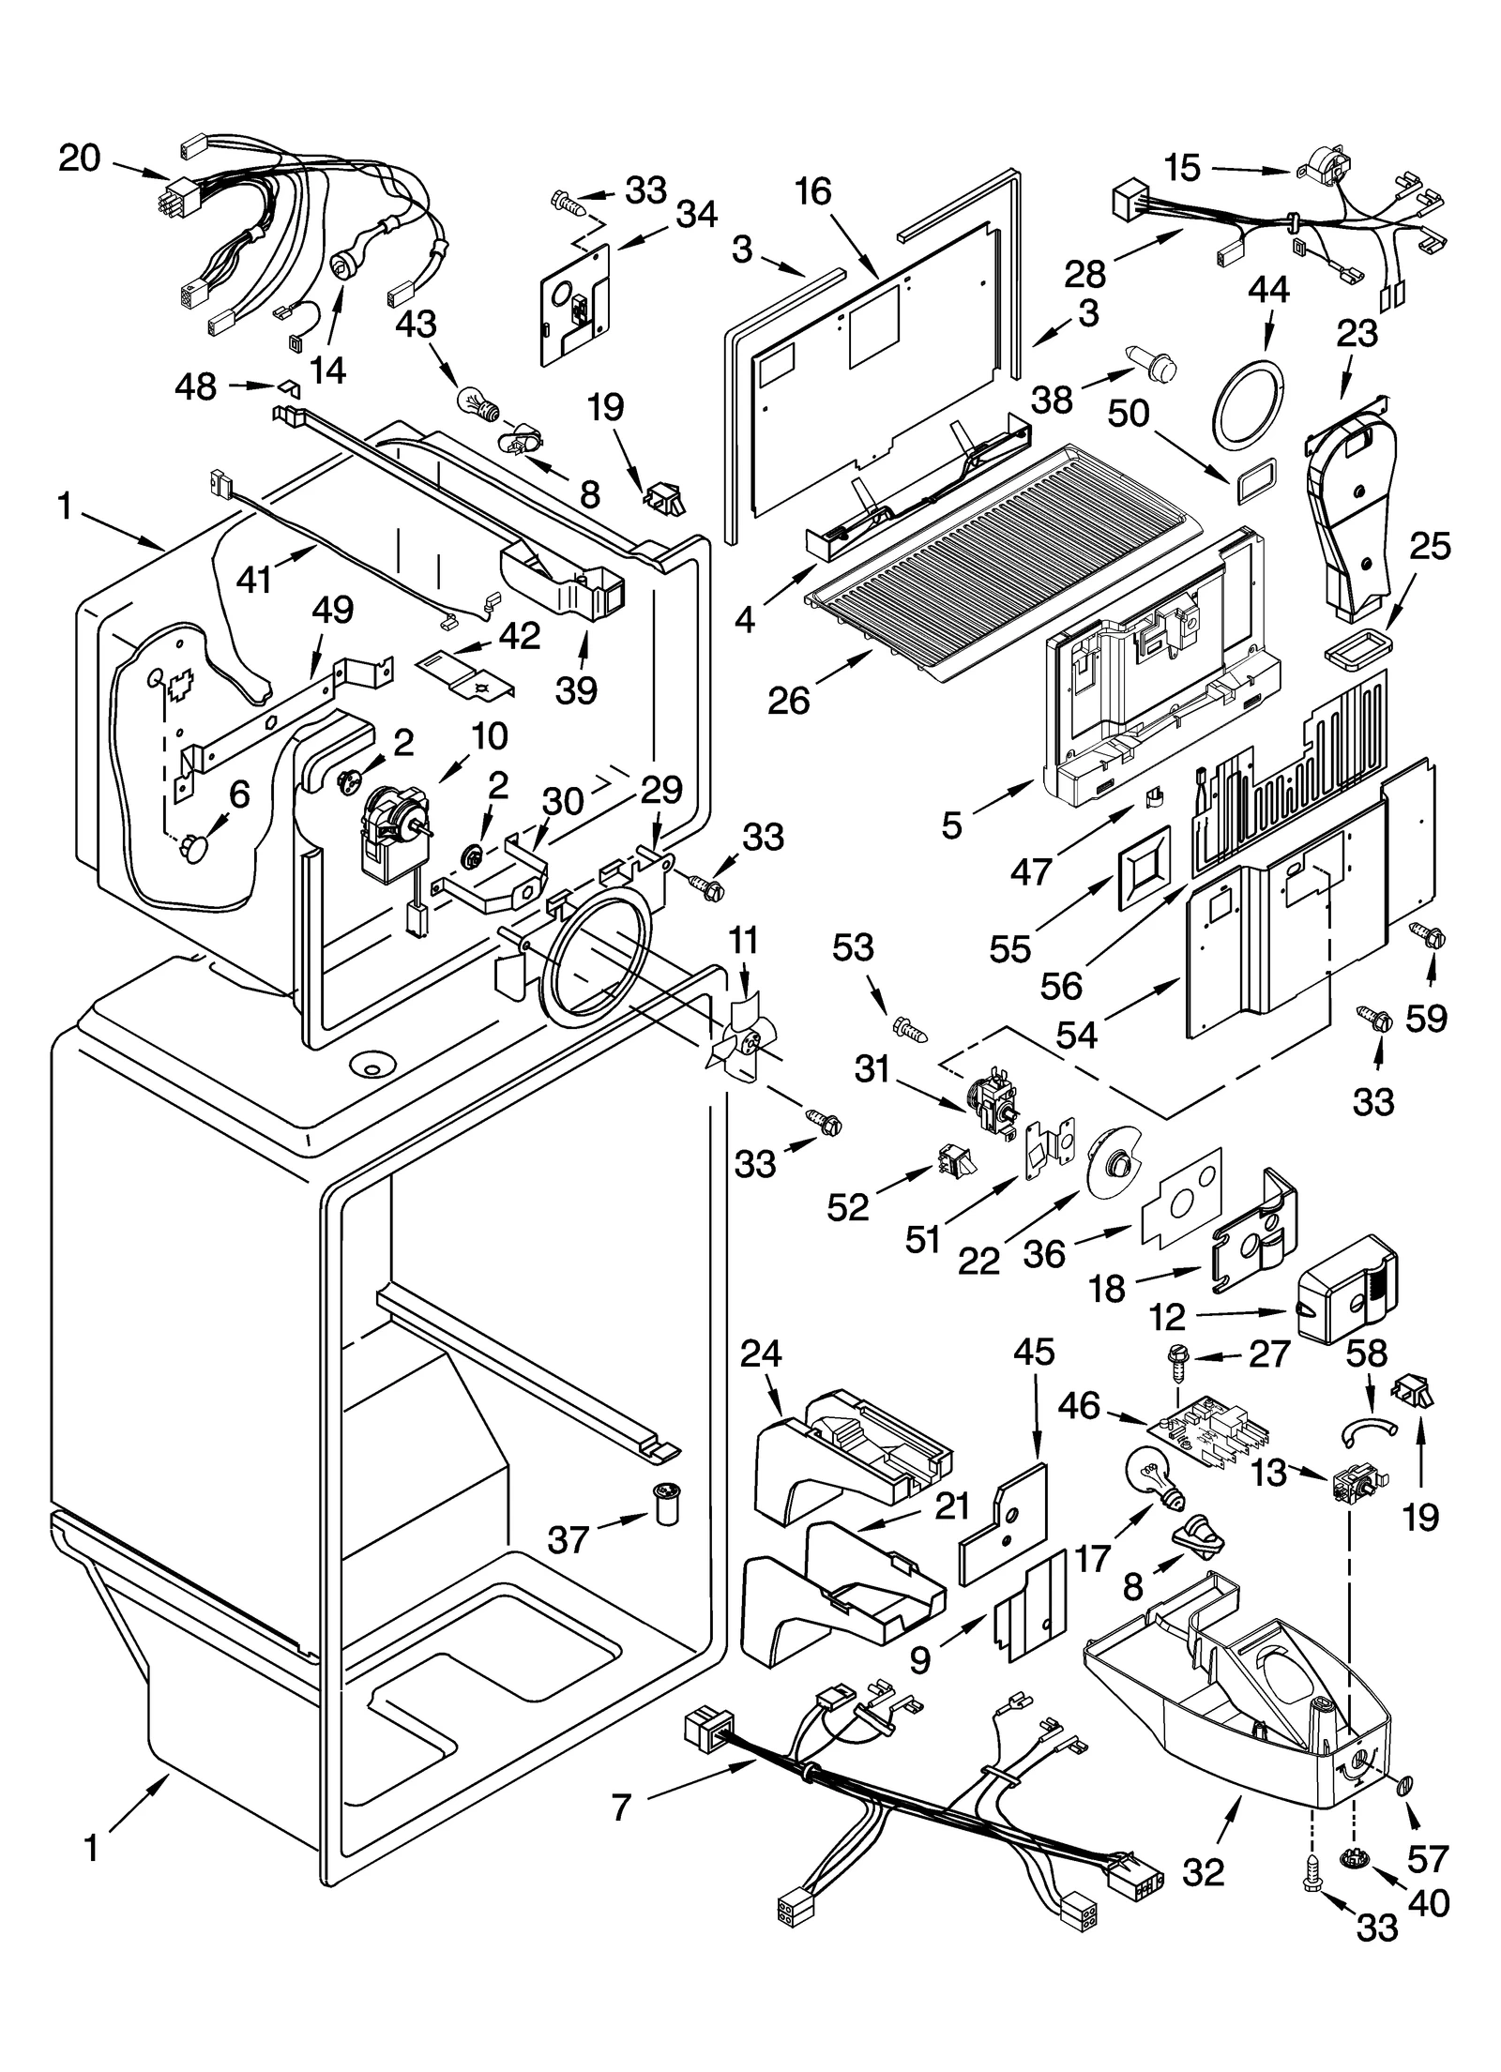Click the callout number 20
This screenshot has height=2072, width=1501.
(x=79, y=158)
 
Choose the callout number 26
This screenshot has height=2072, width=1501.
(x=788, y=700)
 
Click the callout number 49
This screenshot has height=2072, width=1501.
(x=332, y=611)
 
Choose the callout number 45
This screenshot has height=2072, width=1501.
(x=1034, y=1352)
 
